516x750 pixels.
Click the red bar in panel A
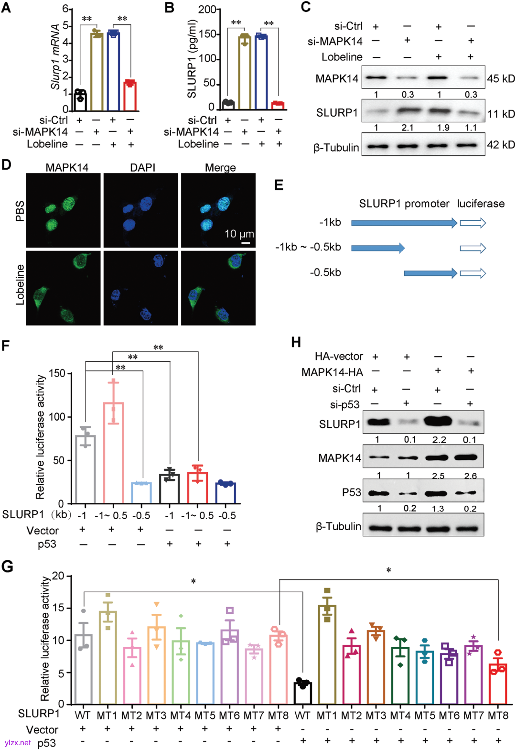tap(130, 97)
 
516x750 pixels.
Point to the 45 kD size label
tap(501, 78)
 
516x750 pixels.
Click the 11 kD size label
tap(501, 114)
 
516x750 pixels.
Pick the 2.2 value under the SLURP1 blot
tap(439, 440)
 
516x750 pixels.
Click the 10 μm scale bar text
tap(239, 234)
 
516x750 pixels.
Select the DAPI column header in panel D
tap(142, 167)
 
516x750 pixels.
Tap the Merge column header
tap(220, 167)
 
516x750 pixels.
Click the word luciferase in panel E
tap(480, 204)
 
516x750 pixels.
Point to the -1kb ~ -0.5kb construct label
tap(308, 247)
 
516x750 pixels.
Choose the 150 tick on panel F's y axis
tap(57, 373)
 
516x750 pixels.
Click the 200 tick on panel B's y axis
tap(207, 10)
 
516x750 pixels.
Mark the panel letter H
tap(296, 342)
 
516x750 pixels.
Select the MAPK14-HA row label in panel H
tap(332, 372)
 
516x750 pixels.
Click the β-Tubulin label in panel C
tap(336, 148)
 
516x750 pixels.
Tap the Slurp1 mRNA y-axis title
tap(55, 56)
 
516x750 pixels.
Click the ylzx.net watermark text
tap(18, 743)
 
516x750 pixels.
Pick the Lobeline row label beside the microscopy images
tap(20, 285)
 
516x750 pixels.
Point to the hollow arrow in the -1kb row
tap(473, 223)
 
